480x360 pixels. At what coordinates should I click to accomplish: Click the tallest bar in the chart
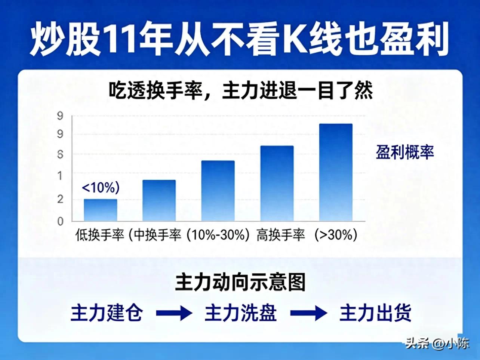point(336,172)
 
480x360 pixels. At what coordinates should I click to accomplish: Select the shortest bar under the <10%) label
point(100,210)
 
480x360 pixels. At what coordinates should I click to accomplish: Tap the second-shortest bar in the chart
point(159,200)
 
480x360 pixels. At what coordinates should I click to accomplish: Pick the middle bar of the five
point(218,191)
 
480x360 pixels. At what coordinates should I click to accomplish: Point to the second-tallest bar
point(277,183)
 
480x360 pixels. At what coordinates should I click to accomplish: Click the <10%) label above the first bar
point(101,187)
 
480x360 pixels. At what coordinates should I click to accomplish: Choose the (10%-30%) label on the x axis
point(218,235)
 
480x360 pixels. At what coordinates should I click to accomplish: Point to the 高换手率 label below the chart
point(281,235)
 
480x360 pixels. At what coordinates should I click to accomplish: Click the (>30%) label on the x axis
point(336,235)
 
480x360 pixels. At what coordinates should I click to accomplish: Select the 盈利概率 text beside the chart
point(405,153)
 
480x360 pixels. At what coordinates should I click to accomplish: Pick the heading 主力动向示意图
point(240,282)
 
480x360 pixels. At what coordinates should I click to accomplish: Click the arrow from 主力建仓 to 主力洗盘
point(174,313)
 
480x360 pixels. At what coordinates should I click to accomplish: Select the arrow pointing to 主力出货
point(308,313)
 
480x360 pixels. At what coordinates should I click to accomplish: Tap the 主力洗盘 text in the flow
point(241,313)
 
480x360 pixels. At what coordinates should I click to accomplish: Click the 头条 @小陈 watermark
point(437,343)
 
